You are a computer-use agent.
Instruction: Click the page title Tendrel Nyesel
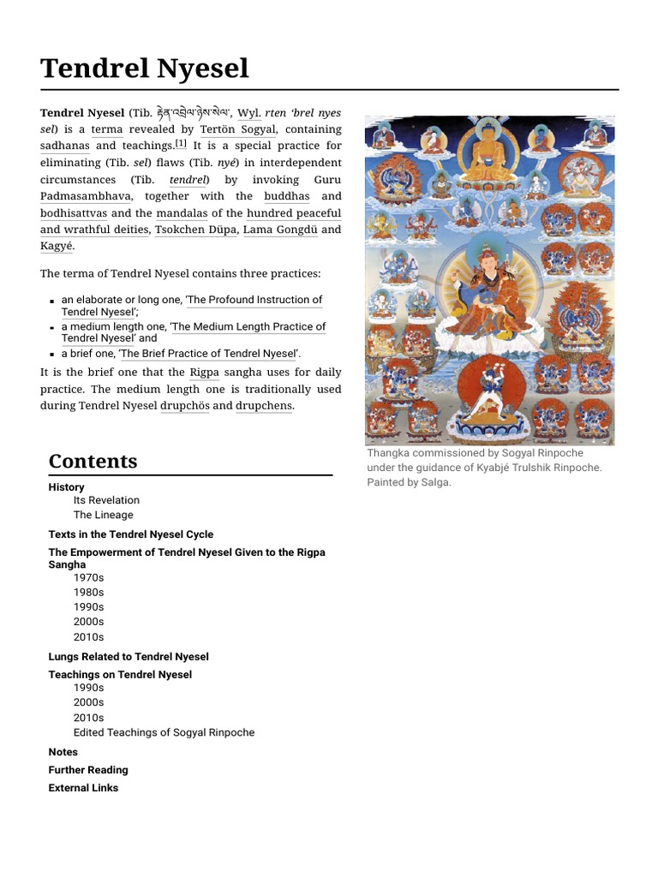click(145, 68)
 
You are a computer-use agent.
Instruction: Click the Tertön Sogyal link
click(237, 129)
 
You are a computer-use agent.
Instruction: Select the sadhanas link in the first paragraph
click(64, 146)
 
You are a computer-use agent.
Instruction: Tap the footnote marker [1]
click(181, 144)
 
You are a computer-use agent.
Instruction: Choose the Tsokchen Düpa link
click(195, 230)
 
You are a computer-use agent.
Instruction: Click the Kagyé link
click(57, 247)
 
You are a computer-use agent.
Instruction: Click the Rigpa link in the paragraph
click(204, 373)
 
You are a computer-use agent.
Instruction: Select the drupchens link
click(264, 406)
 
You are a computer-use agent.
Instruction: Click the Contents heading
click(93, 461)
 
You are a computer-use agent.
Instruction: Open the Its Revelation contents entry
click(106, 500)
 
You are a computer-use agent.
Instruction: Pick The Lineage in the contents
click(103, 515)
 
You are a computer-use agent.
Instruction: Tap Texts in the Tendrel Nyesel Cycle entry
click(131, 534)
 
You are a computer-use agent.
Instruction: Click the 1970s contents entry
click(88, 577)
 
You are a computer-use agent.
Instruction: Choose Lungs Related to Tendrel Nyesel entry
click(129, 657)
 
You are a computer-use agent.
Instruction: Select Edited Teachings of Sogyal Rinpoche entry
click(164, 732)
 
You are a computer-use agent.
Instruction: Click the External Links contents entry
click(83, 788)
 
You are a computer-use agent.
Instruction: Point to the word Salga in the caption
click(435, 482)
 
